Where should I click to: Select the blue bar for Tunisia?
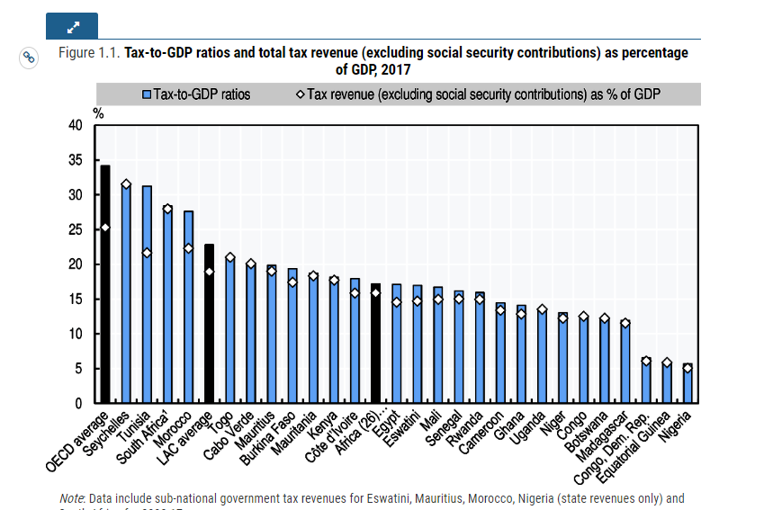[x=147, y=306]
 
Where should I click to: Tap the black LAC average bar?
[x=209, y=333]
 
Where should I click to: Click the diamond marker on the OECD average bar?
[x=105, y=228]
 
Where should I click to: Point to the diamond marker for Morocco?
[x=188, y=248]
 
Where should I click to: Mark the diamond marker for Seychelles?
[x=126, y=184]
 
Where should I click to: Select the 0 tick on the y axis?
[x=79, y=404]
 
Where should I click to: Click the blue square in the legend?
[x=147, y=94]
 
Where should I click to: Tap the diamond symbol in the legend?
[x=299, y=94]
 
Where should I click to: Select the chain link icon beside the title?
[x=29, y=58]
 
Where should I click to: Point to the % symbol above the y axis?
[x=98, y=114]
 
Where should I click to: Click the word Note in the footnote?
[x=71, y=497]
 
